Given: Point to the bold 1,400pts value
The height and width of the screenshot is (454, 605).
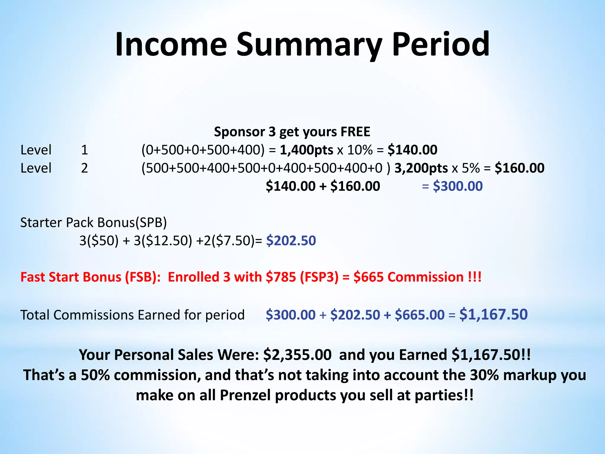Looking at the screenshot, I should [306, 150].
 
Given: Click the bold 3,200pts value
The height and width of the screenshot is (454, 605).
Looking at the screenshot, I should [421, 168].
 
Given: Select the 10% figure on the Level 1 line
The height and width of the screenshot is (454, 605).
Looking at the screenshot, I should [360, 150].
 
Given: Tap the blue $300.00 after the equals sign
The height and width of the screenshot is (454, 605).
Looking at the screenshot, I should [458, 186].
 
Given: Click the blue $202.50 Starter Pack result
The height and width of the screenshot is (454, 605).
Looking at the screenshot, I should [291, 241].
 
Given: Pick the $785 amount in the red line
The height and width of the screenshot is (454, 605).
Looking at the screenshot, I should [281, 277].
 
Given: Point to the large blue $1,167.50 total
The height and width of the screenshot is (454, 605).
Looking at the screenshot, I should [493, 314].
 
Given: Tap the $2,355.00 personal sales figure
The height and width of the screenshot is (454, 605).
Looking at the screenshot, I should [297, 355].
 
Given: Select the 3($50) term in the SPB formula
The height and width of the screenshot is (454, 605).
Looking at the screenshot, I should [99, 241].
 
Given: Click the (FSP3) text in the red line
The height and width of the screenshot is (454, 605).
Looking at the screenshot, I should [319, 277].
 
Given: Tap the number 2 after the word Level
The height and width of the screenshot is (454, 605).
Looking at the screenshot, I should [84, 168].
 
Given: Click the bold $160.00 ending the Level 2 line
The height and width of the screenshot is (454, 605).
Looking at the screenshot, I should [519, 168].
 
